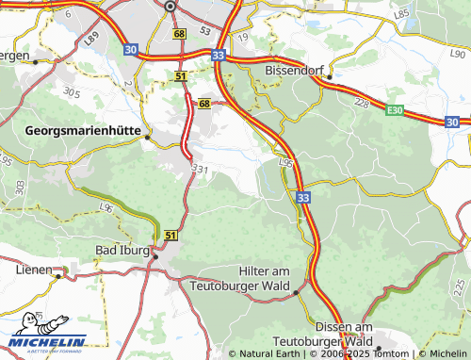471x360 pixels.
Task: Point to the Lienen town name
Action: (x=33, y=269)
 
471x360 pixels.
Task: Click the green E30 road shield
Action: (x=396, y=110)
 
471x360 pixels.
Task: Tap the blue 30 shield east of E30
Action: (x=452, y=123)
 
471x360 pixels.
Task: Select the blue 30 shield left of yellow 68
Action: (x=129, y=49)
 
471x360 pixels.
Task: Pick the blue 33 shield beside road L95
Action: (x=301, y=198)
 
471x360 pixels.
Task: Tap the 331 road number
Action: (x=198, y=168)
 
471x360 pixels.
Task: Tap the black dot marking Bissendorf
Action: (x=330, y=76)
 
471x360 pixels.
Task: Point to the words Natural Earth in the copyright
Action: (x=268, y=354)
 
